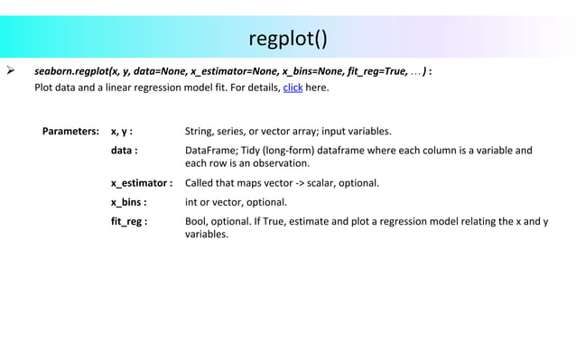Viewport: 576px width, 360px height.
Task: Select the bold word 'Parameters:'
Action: [70, 131]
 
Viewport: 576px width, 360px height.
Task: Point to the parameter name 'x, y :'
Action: [122, 131]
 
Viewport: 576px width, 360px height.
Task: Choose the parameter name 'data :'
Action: [125, 151]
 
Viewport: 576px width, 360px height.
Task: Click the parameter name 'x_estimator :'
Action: [142, 184]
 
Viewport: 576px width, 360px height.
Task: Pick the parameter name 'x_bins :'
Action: [129, 202]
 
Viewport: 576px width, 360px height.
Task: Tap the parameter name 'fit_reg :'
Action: [130, 220]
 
